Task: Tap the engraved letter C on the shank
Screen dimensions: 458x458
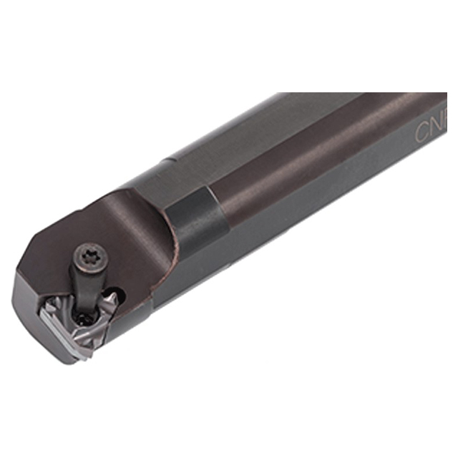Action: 422,132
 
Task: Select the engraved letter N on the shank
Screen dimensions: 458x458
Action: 438,127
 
